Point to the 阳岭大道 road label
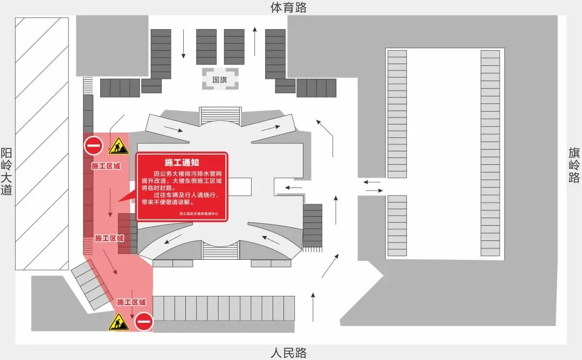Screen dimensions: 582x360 pyautogui.click(x=6, y=171)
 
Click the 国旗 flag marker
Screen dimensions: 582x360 pyautogui.click(x=220, y=79)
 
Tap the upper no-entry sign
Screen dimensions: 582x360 pyautogui.click(x=93, y=146)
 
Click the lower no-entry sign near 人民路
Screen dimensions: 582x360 pyautogui.click(x=144, y=322)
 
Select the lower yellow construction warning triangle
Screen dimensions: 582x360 pyautogui.click(x=119, y=322)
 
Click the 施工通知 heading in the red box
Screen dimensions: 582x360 pyautogui.click(x=182, y=162)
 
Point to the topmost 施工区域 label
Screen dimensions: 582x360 pyautogui.click(x=106, y=166)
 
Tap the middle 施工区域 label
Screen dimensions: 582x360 pyautogui.click(x=109, y=238)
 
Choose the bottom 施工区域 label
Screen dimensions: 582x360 pyautogui.click(x=131, y=302)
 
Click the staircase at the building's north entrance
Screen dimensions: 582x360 pyautogui.click(x=220, y=115)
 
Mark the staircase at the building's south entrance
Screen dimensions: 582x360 pyautogui.click(x=220, y=250)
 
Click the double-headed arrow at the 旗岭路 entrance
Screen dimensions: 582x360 pyautogui.click(x=373, y=186)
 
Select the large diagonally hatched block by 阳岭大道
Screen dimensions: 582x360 pyautogui.click(x=42, y=144)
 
